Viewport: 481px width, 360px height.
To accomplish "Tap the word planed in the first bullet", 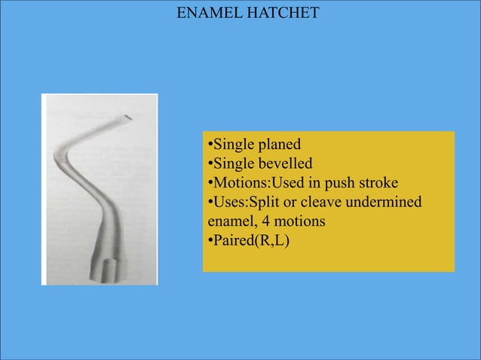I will click(278, 145).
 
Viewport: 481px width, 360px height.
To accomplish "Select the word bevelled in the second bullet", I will click(283, 164).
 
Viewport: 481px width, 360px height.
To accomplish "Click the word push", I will click(337, 184).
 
